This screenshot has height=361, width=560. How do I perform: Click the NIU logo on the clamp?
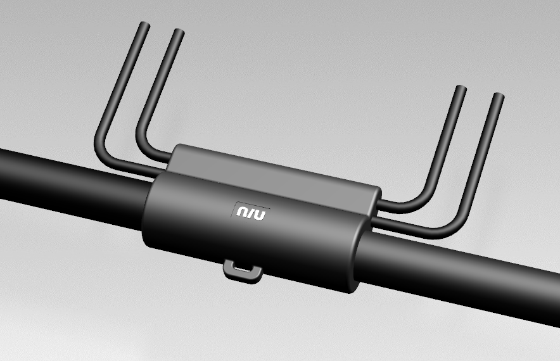point(251,213)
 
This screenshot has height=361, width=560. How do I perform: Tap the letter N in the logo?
point(243,212)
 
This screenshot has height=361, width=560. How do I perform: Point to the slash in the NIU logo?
point(251,213)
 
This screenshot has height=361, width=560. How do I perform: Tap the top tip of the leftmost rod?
point(144,25)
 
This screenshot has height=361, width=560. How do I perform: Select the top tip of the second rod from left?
point(179,32)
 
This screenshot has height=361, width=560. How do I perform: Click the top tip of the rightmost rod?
point(499,96)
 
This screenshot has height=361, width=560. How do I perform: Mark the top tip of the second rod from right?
point(461,89)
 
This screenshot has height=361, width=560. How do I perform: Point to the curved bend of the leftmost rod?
point(103,153)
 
